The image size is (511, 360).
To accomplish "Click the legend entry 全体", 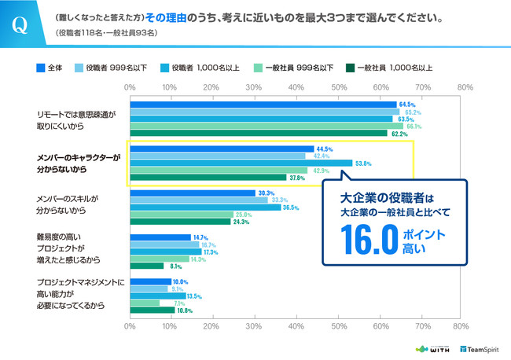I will pyautogui.click(x=52, y=68).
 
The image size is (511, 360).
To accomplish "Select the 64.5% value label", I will pyautogui.click(x=406, y=104).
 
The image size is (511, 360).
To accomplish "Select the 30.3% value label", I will pyautogui.click(x=267, y=193).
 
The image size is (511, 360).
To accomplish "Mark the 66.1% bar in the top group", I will pyautogui.click(x=267, y=126).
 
